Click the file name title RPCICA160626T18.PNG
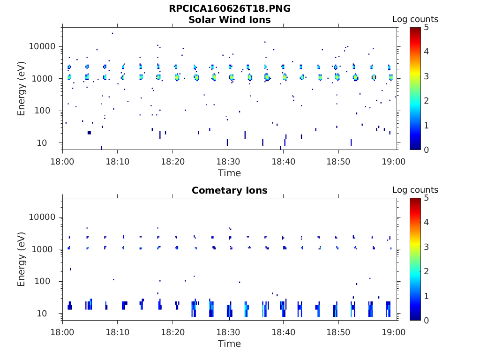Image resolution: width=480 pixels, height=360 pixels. (x=229, y=9)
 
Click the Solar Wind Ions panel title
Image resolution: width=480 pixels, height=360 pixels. (x=229, y=20)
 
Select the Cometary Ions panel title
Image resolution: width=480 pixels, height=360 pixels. (x=229, y=190)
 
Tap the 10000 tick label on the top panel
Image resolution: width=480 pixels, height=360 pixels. (x=43, y=47)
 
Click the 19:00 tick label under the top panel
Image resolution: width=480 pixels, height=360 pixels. (x=394, y=161)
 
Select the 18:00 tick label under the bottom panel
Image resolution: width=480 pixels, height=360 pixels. (x=63, y=332)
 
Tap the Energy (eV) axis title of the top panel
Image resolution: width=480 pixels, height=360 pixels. (x=22, y=89)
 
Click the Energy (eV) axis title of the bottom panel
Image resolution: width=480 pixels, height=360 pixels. (x=22, y=259)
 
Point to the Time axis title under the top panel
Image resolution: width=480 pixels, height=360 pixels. (x=229, y=173)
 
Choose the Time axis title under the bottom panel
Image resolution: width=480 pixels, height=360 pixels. (x=229, y=344)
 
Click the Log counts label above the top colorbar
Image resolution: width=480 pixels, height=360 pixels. (x=415, y=19)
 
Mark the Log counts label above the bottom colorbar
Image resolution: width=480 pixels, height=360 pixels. (x=415, y=190)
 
